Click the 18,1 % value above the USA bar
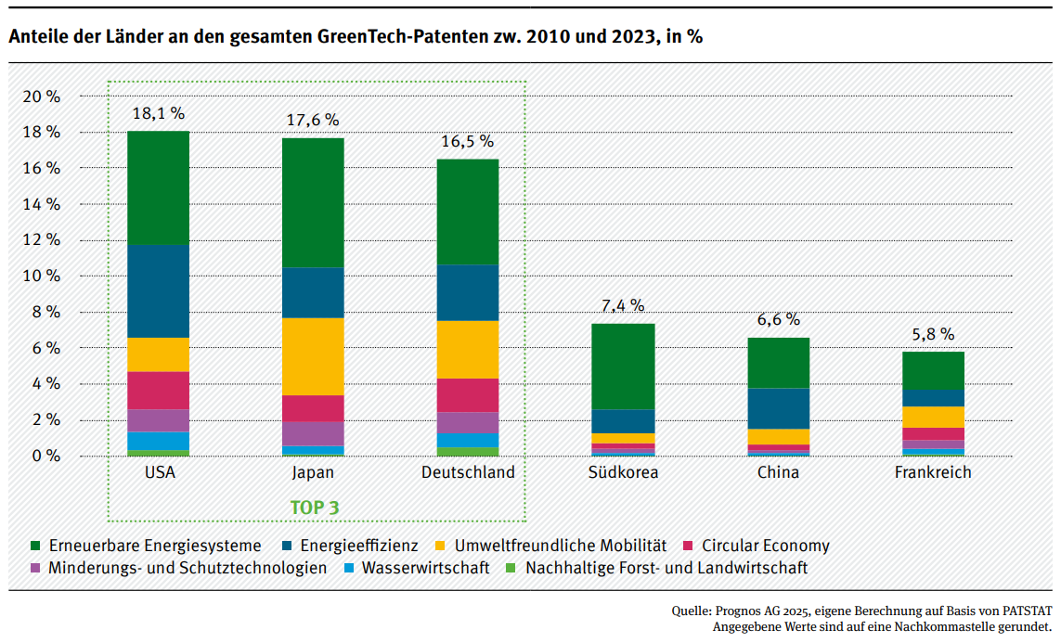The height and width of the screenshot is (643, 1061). [x=158, y=114]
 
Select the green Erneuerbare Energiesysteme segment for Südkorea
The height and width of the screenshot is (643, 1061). [x=623, y=367]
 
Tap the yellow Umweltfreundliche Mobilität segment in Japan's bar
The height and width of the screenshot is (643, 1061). [x=313, y=356]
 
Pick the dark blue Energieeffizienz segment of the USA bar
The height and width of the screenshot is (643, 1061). [x=158, y=290]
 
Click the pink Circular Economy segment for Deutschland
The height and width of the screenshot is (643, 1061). [x=467, y=395]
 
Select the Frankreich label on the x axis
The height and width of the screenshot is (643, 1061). [x=933, y=472]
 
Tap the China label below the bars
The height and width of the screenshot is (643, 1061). [x=778, y=472]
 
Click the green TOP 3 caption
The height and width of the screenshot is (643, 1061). [x=315, y=508]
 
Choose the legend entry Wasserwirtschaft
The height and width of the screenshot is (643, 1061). [x=425, y=568]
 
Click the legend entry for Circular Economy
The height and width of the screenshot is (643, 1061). [x=765, y=546]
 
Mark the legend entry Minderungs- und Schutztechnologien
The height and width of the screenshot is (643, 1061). [x=188, y=568]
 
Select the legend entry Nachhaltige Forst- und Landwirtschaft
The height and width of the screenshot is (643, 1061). [x=666, y=568]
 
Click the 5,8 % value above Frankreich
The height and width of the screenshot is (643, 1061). [x=933, y=335]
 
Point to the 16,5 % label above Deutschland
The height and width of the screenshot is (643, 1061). [x=467, y=142]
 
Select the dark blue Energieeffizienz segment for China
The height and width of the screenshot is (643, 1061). [x=778, y=408]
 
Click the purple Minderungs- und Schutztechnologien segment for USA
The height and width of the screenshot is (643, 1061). [x=158, y=420]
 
